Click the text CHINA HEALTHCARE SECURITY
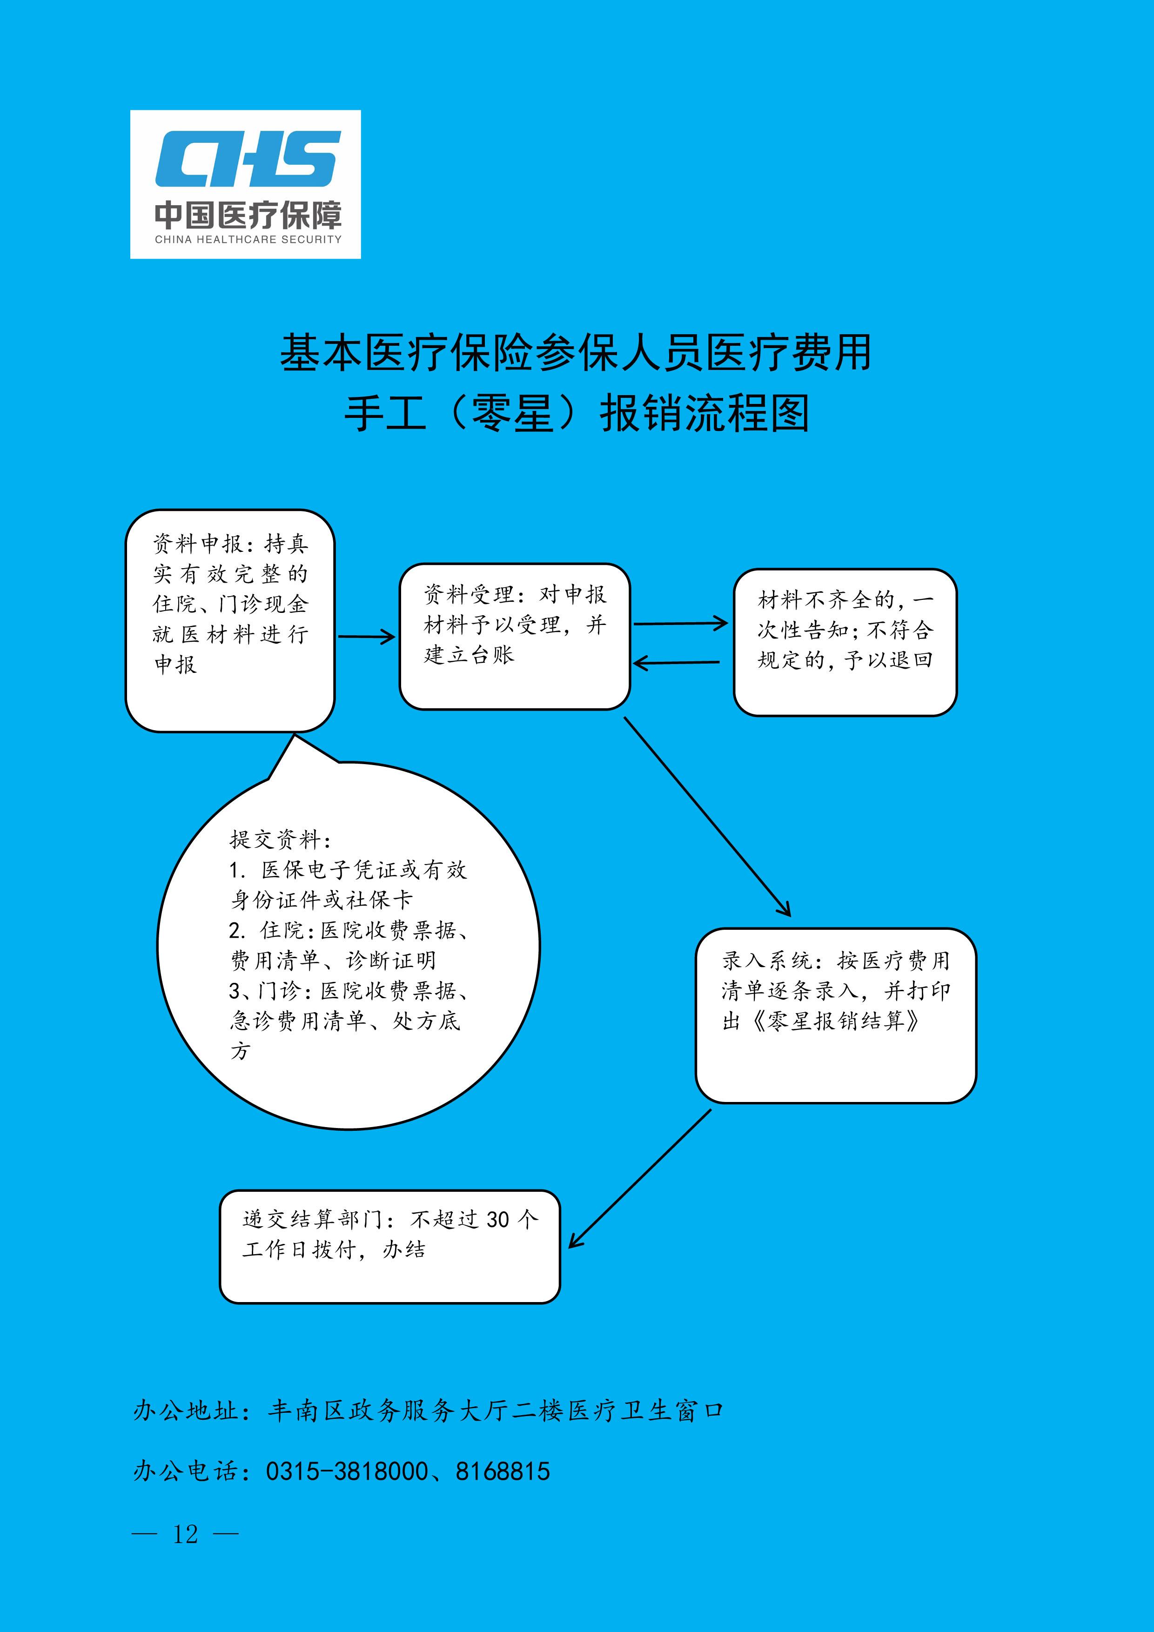pos(248,240)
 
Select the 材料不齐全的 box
pos(845,642)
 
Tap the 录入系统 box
pos(836,1016)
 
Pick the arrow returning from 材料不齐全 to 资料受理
pos(676,663)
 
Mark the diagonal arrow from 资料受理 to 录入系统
pos(707,817)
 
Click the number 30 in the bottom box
pos(498,1220)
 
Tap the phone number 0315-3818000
pos(348,1471)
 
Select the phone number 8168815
pos(503,1471)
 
